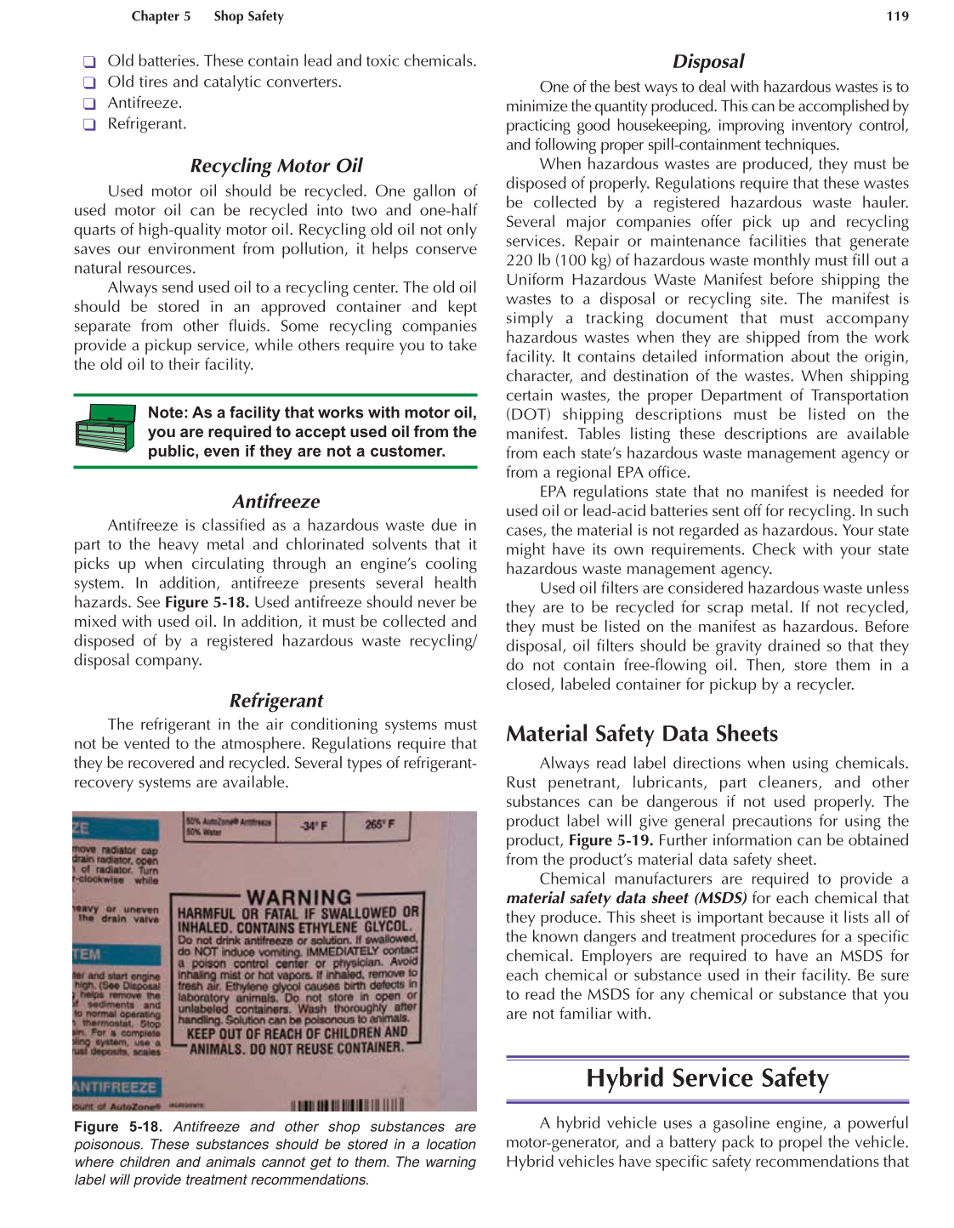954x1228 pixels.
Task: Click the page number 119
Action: coord(897,16)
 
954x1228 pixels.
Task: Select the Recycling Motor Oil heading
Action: coord(276,166)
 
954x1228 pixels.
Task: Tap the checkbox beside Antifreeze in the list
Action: coord(89,104)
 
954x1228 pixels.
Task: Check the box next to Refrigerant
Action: coord(89,124)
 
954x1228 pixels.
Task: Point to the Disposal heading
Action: coord(707,61)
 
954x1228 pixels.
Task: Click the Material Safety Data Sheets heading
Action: coord(642,734)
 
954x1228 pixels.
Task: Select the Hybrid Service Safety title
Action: coord(707,1078)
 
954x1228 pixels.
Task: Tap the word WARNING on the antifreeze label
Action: coord(298,897)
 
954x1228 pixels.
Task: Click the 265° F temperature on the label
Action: coord(380,825)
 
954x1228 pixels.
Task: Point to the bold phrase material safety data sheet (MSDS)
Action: coord(626,898)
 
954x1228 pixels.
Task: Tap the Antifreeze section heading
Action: coord(276,502)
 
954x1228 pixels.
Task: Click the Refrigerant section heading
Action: coord(276,701)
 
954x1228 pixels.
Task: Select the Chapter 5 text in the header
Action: coord(161,16)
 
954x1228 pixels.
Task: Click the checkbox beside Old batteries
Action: coord(89,62)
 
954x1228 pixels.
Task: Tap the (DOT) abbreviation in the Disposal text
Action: coord(528,415)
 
